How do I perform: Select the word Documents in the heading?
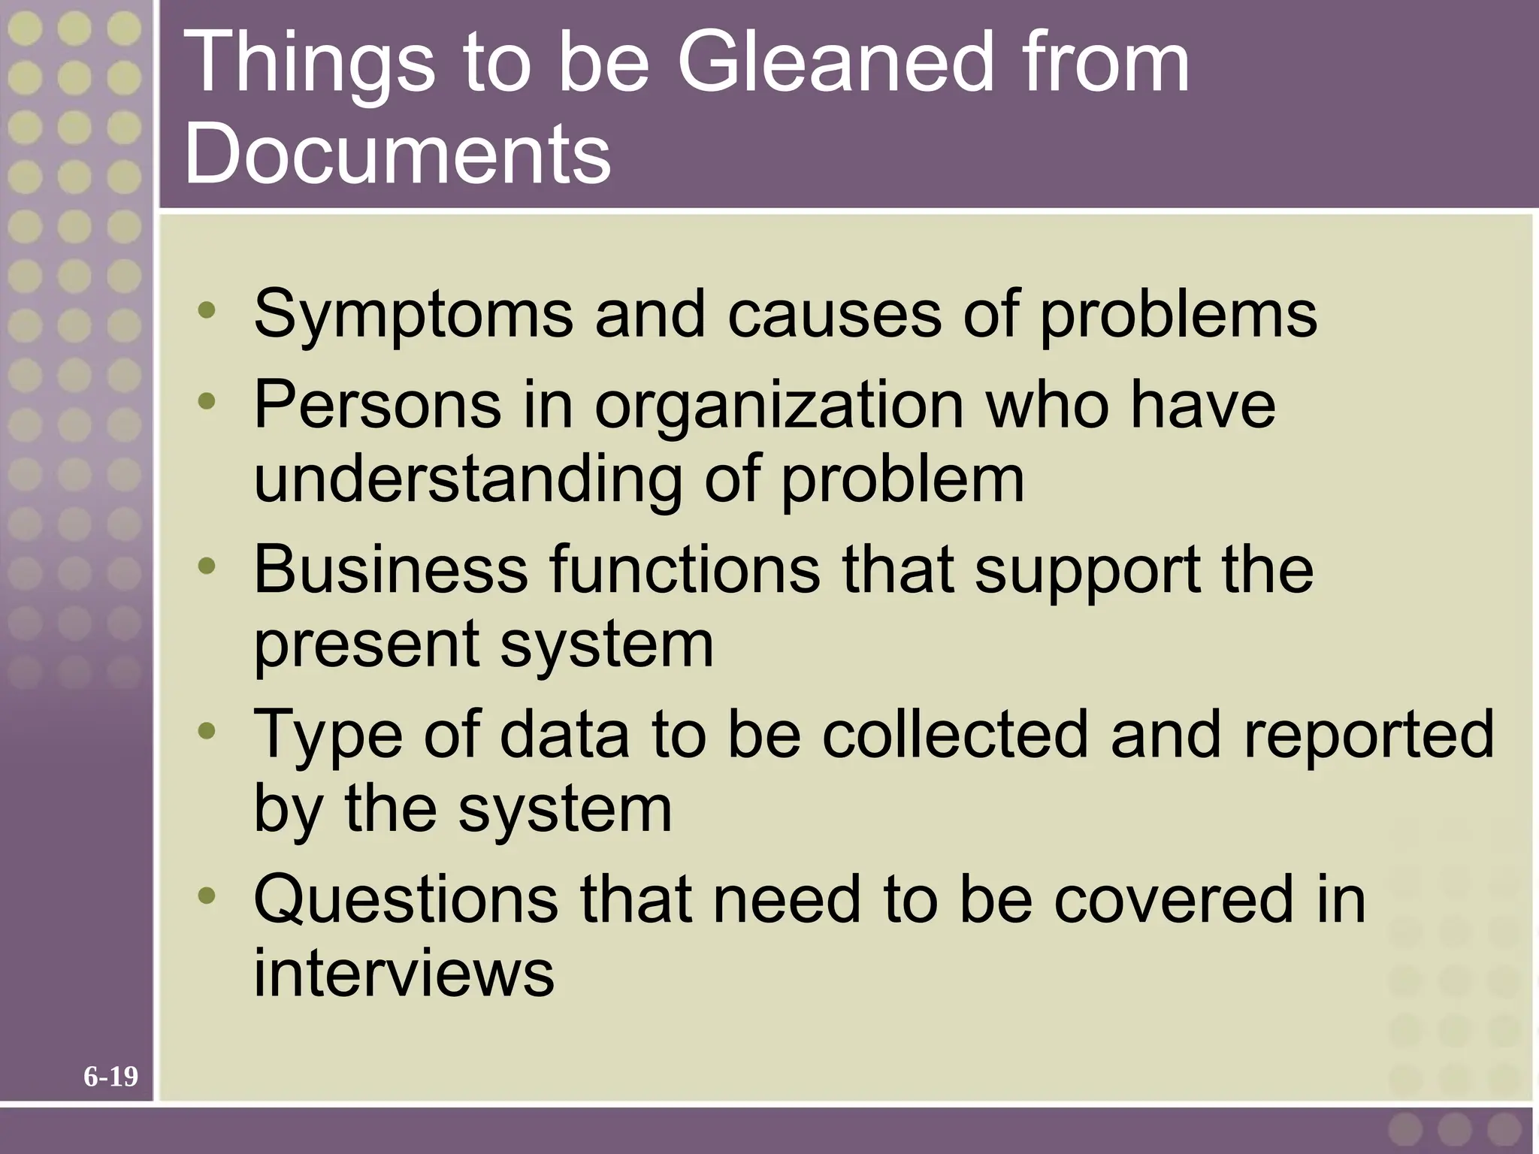[x=398, y=153]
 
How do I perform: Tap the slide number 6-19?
[x=110, y=1077]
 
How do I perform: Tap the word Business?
[x=391, y=569]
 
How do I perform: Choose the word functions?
[x=685, y=569]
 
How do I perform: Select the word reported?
[x=1368, y=735]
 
